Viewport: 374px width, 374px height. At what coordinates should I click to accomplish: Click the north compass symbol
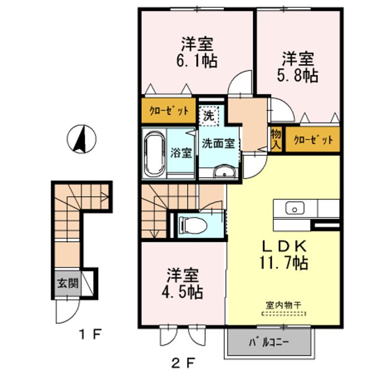(82, 139)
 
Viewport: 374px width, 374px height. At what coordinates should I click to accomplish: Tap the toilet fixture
(193, 224)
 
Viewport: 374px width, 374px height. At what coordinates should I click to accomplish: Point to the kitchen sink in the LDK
(295, 208)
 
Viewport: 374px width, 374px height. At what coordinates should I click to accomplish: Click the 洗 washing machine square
(209, 116)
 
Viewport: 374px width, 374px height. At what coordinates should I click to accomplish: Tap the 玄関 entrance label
(68, 284)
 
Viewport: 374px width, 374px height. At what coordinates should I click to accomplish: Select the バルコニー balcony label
(269, 342)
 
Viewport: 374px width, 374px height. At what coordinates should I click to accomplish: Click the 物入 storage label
(276, 139)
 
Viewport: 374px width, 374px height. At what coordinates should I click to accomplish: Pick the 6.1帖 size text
(197, 61)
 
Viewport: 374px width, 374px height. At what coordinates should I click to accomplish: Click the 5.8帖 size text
(298, 75)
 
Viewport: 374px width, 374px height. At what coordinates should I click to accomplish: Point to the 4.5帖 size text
(182, 292)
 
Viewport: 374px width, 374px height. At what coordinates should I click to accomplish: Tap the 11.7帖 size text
(284, 263)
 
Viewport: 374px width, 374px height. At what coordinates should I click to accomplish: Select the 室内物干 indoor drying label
(284, 305)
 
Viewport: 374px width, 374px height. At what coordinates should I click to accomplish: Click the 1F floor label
(90, 334)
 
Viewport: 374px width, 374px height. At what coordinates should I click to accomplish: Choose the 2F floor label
(183, 363)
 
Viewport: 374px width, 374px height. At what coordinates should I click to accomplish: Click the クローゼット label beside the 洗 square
(169, 111)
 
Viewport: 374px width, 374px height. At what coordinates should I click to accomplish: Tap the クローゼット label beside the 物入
(313, 140)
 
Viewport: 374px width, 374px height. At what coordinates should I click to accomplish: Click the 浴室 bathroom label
(181, 153)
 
